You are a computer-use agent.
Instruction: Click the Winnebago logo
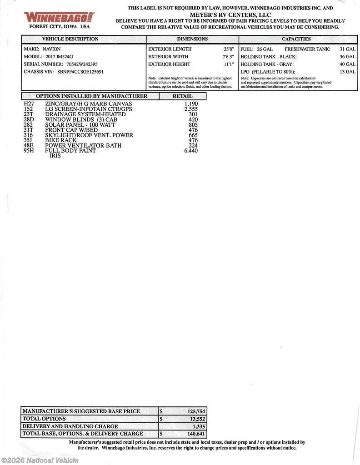(59, 17)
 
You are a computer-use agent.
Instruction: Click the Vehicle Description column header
(70, 39)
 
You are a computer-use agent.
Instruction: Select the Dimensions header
(192, 39)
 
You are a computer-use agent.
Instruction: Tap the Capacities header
(296, 39)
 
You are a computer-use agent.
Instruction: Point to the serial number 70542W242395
(81, 64)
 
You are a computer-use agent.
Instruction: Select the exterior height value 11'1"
(228, 64)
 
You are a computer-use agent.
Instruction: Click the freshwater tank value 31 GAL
(347, 49)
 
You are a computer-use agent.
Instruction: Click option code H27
(28, 104)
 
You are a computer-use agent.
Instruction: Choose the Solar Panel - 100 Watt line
(80, 124)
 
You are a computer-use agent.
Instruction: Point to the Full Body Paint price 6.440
(191, 151)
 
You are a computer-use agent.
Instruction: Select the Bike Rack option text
(61, 140)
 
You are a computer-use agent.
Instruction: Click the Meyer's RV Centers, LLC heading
(230, 15)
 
